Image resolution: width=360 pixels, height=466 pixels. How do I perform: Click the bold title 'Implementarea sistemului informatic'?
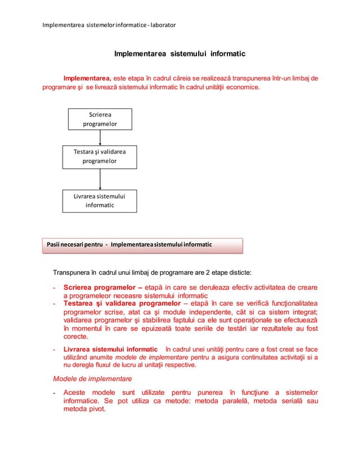179,55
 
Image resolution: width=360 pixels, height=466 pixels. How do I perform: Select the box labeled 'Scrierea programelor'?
100,120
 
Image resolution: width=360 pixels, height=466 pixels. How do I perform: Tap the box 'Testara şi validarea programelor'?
100,156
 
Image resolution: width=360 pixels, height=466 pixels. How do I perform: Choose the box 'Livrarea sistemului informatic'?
100,201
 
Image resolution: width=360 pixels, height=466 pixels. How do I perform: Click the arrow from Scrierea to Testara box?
100,139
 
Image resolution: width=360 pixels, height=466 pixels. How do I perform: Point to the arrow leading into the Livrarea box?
100,179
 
